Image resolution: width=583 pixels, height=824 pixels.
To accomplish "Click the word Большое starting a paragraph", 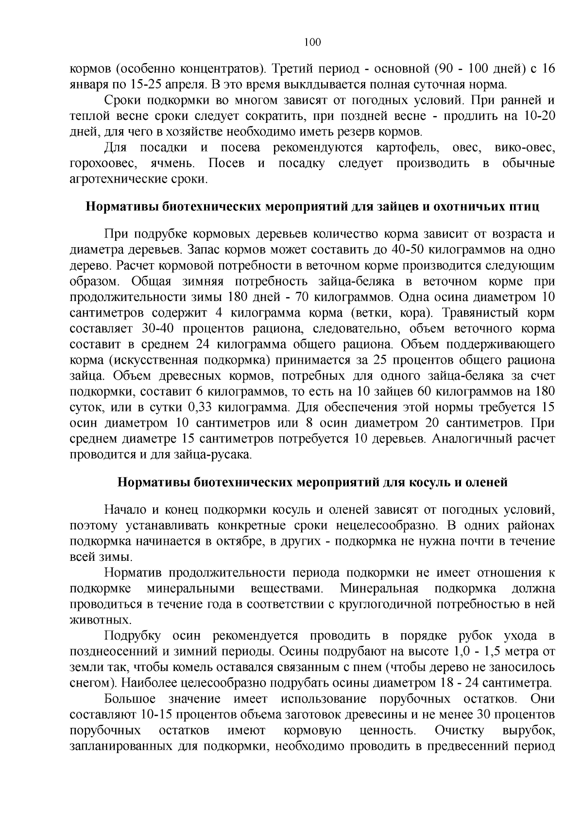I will click(x=130, y=699).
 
